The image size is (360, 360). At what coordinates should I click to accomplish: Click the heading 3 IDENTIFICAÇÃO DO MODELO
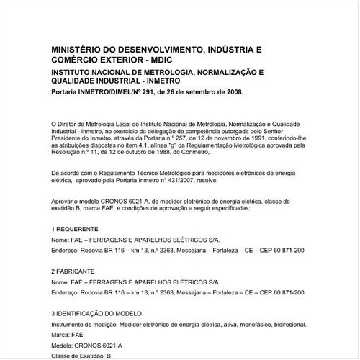tap(102, 314)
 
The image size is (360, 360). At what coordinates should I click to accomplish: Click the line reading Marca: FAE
tap(68, 336)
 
